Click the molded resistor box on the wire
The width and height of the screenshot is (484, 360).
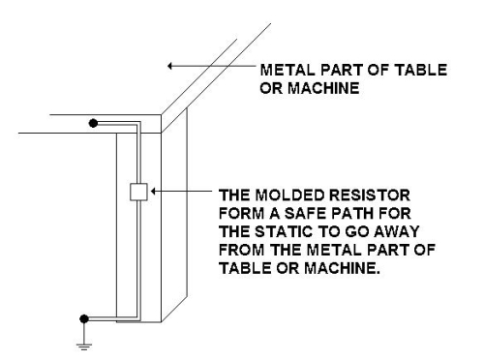138,192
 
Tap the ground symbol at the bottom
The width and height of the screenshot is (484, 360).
84,346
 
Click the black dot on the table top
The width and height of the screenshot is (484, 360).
93,123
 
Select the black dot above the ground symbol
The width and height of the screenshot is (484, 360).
84,318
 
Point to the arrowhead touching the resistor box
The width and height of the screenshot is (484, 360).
153,192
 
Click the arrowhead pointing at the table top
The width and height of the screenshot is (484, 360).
169,66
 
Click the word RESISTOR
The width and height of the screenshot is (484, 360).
369,195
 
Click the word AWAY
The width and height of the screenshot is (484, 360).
397,231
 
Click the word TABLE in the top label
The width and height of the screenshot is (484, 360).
421,70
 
